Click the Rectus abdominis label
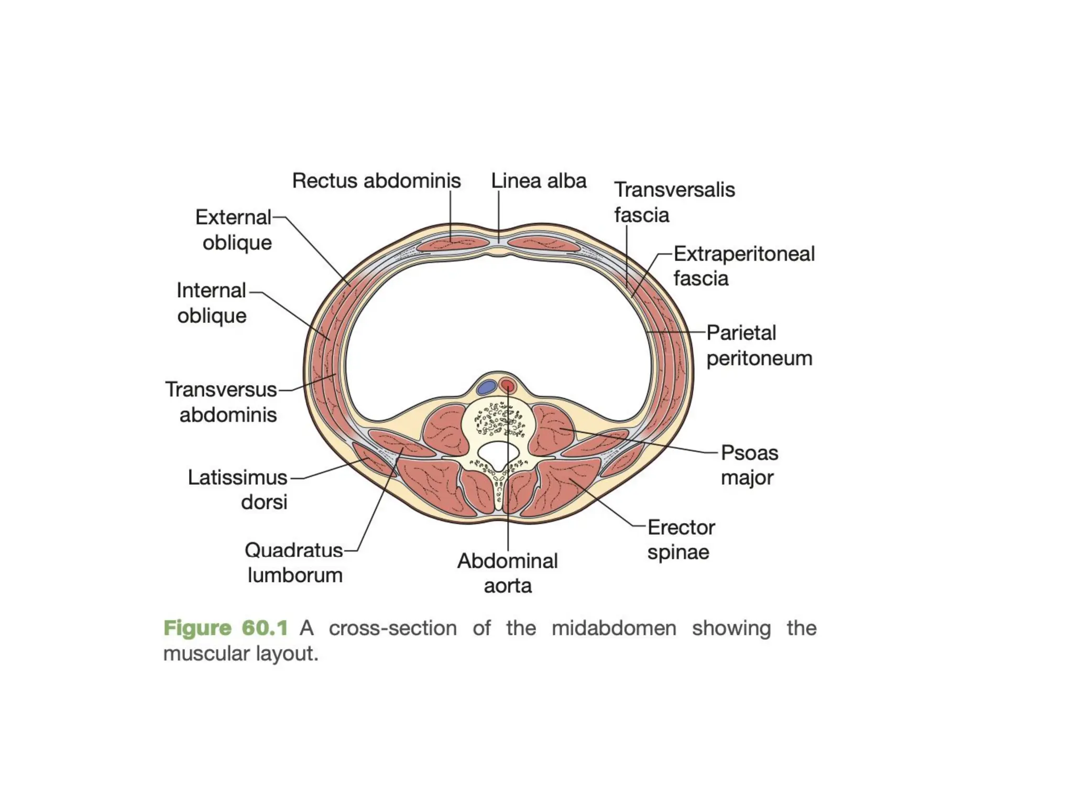pos(376,181)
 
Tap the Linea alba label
pos(538,181)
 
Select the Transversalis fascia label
pos(674,202)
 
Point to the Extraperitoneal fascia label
pos(743,266)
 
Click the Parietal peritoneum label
pos(759,345)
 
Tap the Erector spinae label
pos(681,540)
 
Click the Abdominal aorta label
pos(507,573)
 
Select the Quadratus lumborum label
pos(294,563)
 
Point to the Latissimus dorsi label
pos(238,489)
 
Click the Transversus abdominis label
pos(221,402)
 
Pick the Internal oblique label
pos(211,303)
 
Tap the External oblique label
pos(234,230)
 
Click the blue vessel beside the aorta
pos(487,387)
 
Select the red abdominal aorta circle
pos(508,386)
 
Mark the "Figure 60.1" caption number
pos(226,628)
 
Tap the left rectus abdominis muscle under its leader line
pos(451,244)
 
